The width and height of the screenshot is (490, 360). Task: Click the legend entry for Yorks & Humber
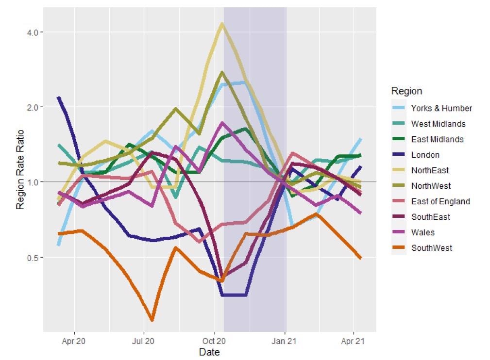441,108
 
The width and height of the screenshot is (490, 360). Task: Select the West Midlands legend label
438,124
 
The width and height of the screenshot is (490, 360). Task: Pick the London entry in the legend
425,155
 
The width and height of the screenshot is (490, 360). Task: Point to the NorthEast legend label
430,170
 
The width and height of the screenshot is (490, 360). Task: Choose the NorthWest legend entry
431,186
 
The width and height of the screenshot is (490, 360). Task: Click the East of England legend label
440,201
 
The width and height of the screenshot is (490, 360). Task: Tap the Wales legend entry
422,232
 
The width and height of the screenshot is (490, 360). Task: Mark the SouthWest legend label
431,248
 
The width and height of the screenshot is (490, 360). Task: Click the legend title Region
406,91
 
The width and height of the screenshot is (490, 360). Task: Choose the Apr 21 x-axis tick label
353,341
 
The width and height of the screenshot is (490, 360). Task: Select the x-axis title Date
209,352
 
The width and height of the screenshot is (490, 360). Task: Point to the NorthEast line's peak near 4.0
222,23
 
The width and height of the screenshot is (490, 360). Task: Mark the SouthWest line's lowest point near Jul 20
152,320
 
